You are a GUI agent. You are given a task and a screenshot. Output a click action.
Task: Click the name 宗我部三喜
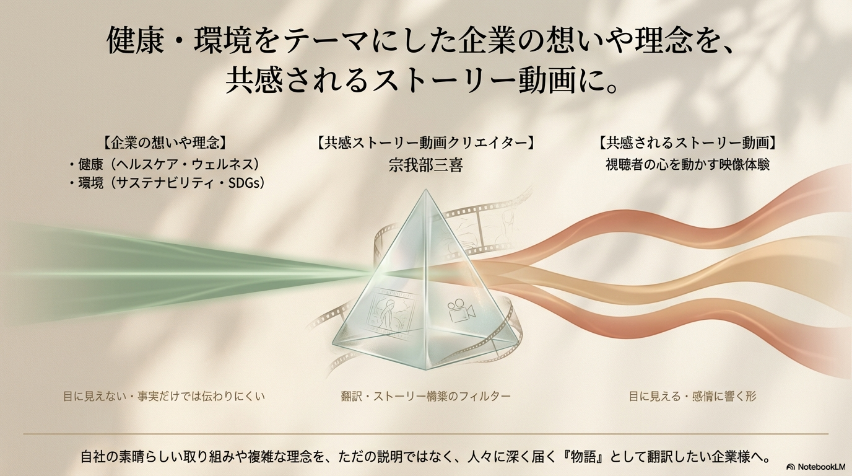pyautogui.click(x=425, y=165)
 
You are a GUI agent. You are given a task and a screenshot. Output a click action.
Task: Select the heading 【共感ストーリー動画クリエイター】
pyautogui.click(x=425, y=142)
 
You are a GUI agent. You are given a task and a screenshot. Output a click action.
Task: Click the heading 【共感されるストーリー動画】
pyautogui.click(x=687, y=142)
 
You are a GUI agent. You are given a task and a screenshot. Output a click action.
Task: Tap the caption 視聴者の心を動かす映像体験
pyautogui.click(x=687, y=165)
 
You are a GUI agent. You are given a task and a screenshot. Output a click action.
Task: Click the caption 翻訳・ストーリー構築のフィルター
pyautogui.click(x=425, y=395)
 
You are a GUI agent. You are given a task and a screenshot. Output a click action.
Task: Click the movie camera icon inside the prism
pyautogui.click(x=456, y=312)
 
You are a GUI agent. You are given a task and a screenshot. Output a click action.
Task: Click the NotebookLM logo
pyautogui.click(x=815, y=466)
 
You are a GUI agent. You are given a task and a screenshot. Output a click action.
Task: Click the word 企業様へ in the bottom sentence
pyautogui.click(x=740, y=457)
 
